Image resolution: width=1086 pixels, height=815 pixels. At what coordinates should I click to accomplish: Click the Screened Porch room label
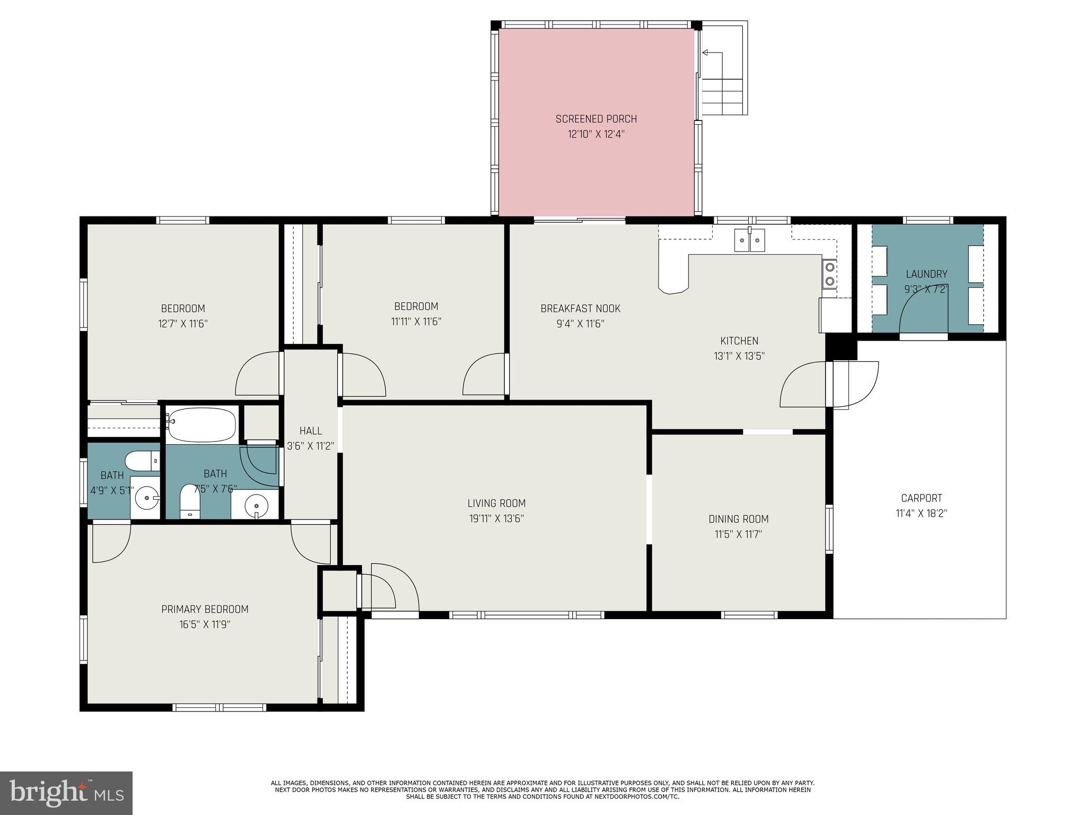coord(596,119)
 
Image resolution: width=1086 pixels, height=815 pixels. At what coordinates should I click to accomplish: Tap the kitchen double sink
coord(749,240)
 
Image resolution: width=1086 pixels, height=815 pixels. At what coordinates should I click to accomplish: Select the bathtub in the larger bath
coord(201,424)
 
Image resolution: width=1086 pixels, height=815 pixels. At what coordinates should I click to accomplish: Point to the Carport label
coord(922,498)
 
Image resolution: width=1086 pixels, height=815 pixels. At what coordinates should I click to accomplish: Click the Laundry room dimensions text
coord(926,290)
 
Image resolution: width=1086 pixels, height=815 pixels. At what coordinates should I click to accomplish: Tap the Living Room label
coord(496,503)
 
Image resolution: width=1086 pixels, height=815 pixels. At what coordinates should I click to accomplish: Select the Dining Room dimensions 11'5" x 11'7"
coord(738,534)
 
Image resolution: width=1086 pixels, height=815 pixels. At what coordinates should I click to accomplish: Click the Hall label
coord(310,431)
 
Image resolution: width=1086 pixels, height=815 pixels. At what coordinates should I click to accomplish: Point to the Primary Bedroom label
coord(205,609)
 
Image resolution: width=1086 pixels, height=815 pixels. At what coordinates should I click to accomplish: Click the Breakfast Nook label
coord(580,308)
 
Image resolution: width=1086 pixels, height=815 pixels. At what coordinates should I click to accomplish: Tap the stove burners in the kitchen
coord(829,274)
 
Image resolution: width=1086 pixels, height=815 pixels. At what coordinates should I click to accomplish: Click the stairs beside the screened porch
coord(722,97)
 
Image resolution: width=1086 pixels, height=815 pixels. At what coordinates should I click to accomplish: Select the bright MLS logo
coord(66,793)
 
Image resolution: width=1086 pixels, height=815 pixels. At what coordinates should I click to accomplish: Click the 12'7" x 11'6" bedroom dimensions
coord(183,324)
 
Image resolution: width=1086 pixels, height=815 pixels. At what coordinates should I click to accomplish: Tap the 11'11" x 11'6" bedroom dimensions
coord(416,322)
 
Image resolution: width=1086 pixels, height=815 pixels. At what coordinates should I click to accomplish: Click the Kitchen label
coord(739,341)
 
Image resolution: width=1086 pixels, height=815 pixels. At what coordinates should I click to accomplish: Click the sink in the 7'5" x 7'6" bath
coord(256,504)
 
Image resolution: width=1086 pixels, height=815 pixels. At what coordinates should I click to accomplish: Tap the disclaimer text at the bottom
coord(542,790)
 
